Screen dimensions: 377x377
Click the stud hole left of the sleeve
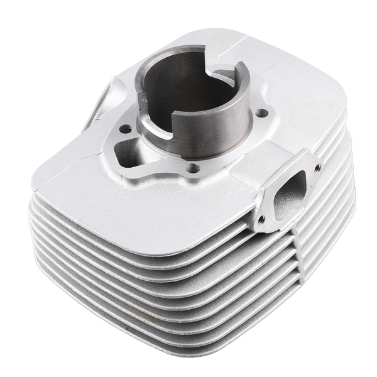coord(125,129)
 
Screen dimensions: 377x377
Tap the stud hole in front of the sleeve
coord(194,168)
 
